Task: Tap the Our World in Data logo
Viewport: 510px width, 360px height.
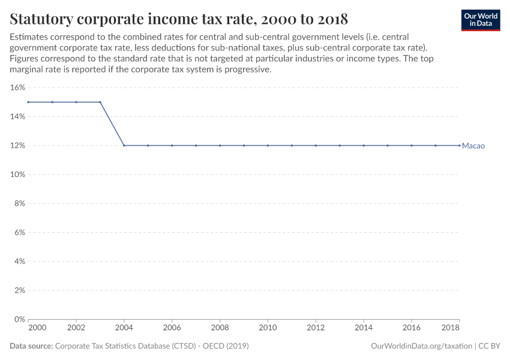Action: (480, 20)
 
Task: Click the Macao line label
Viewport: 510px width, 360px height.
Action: (473, 146)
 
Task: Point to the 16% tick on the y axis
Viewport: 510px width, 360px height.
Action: (17, 88)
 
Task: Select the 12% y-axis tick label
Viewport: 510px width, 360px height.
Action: (17, 146)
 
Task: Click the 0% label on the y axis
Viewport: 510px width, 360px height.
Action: (19, 319)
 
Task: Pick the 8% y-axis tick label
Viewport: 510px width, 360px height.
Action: (19, 203)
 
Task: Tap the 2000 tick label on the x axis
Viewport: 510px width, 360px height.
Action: (37, 329)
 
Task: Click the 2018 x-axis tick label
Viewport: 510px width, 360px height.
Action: (451, 329)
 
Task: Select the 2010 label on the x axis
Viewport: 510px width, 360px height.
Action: (268, 329)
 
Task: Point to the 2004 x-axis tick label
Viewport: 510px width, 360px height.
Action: (124, 329)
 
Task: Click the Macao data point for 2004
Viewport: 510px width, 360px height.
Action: (124, 145)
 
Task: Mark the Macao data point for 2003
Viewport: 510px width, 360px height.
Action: (100, 102)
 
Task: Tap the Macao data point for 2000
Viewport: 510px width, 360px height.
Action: (28, 102)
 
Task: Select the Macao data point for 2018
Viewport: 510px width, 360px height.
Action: (460, 145)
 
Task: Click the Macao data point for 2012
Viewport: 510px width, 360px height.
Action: (316, 145)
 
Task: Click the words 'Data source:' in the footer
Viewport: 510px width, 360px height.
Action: (31, 346)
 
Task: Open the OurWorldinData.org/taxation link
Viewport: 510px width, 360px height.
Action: (422, 346)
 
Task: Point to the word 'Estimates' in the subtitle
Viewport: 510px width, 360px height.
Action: (29, 37)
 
